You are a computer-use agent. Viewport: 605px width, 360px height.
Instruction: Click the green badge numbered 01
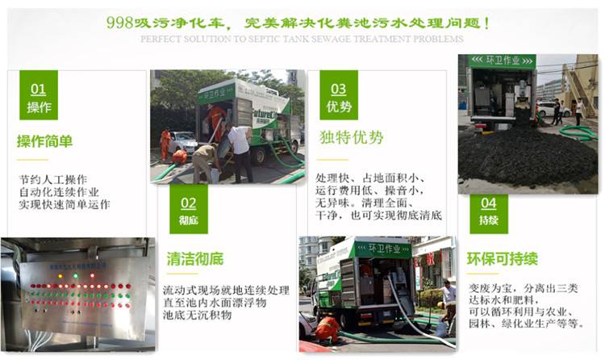click(38, 95)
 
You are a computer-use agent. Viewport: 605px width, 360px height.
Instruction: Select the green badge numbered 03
click(339, 95)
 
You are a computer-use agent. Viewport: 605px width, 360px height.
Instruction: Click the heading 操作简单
click(44, 141)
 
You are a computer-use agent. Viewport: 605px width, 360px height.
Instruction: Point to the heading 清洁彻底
click(195, 258)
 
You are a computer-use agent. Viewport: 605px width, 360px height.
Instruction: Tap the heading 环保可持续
click(502, 258)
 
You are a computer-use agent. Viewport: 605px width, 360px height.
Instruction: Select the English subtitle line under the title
click(302, 39)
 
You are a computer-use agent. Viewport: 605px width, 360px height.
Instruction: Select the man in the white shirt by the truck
click(240, 149)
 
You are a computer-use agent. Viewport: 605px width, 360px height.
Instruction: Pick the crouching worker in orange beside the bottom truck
click(328, 328)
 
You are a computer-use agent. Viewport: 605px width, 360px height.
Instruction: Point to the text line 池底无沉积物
click(197, 315)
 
